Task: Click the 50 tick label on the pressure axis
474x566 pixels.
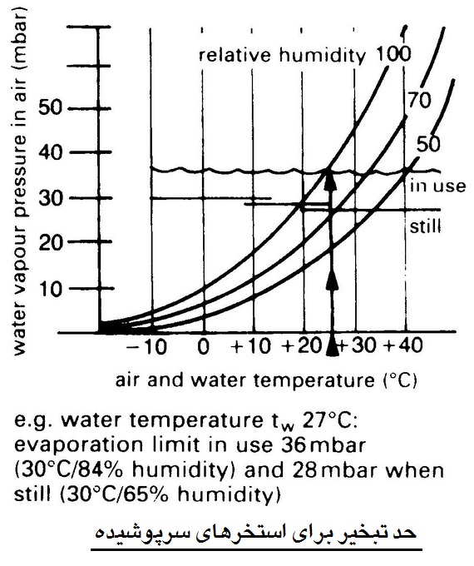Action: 50,107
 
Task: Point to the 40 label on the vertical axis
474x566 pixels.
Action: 50,153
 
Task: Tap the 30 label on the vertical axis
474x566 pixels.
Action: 50,198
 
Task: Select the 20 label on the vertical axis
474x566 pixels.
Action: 50,243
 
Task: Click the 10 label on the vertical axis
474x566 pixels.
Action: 51,289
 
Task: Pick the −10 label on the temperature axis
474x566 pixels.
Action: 146,346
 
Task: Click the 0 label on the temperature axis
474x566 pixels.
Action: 204,346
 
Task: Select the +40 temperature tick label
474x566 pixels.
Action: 403,345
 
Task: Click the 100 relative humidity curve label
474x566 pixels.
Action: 393,54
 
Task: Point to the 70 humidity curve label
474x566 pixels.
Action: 420,100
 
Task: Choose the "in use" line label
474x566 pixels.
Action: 438,186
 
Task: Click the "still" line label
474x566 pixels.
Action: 425,226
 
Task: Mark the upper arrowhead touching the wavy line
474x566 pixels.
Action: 330,178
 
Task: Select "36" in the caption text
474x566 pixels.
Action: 298,445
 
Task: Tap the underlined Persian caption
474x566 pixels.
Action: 256,534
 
